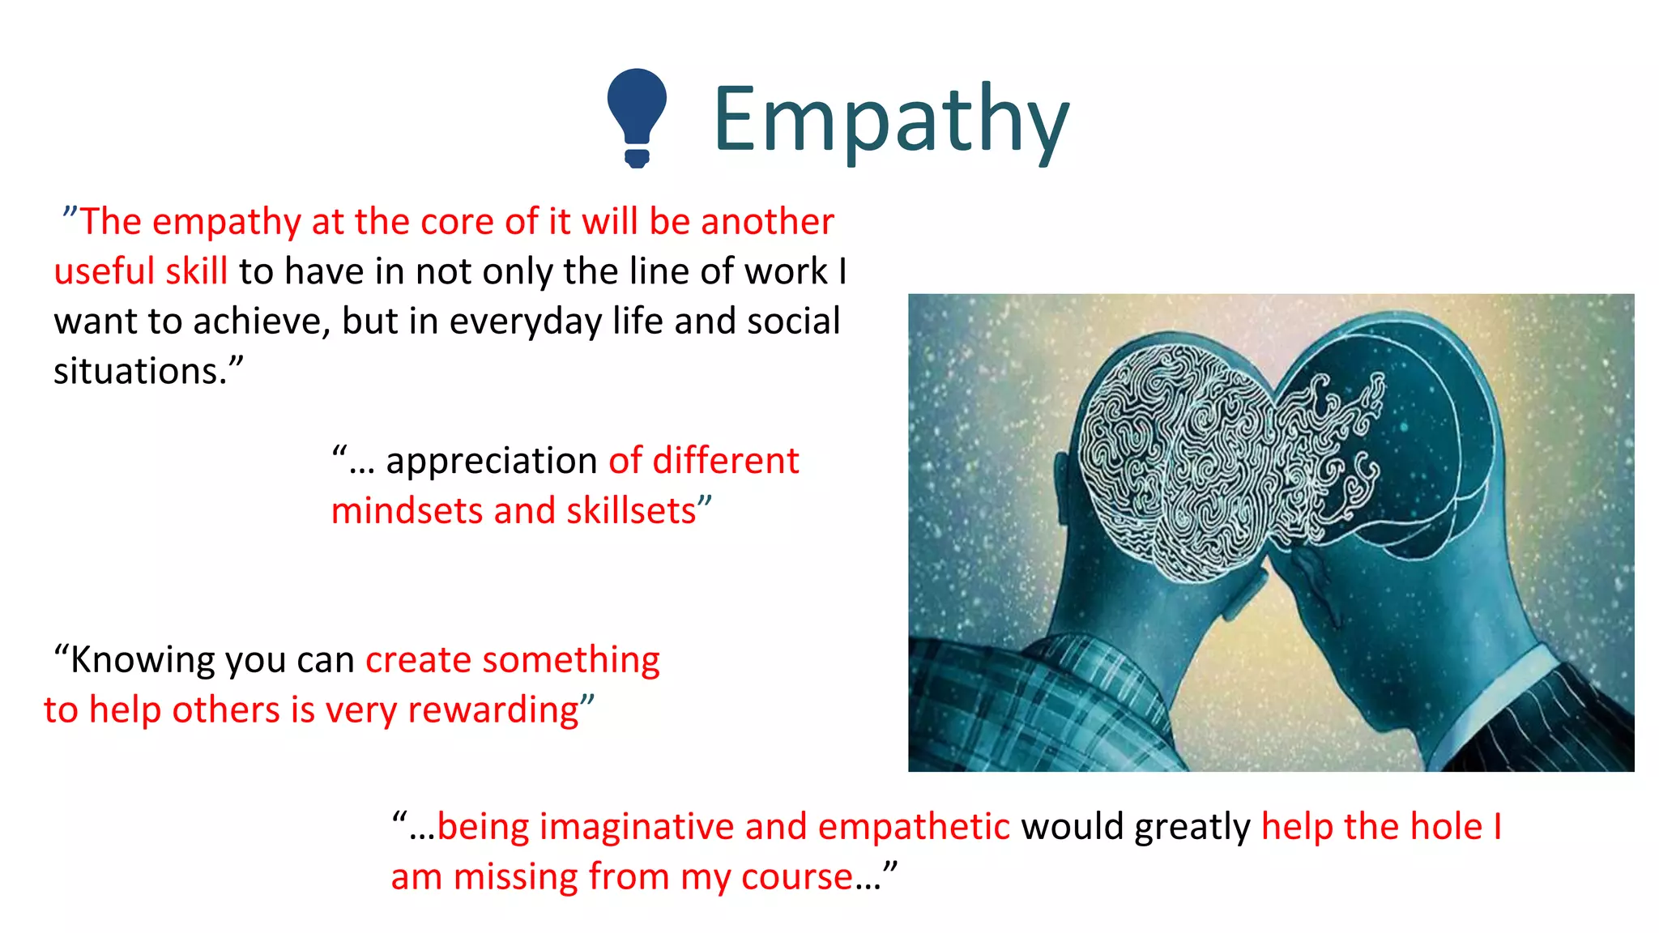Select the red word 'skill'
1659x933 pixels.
[x=196, y=271]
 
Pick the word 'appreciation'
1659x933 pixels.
[x=492, y=461]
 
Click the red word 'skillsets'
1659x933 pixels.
[x=631, y=511]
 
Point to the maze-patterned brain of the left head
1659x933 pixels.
[x=1175, y=462]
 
